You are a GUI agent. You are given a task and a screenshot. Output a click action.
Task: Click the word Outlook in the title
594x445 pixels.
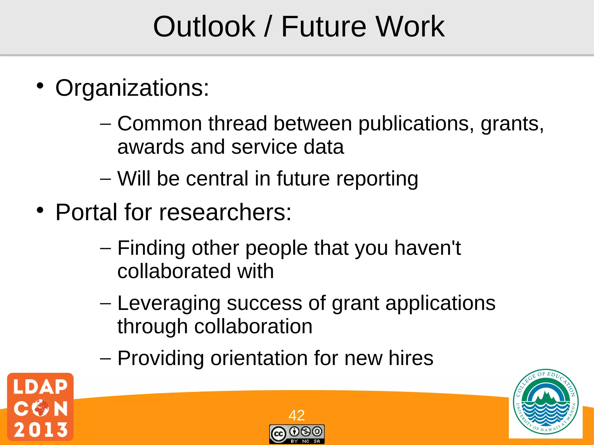pyautogui.click(x=204, y=27)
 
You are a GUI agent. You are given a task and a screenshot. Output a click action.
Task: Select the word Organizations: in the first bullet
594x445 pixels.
pyautogui.click(x=132, y=88)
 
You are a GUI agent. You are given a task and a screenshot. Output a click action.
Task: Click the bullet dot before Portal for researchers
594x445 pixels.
pyautogui.click(x=40, y=210)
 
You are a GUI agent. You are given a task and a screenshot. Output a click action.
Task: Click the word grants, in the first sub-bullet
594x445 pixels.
pyautogui.click(x=512, y=124)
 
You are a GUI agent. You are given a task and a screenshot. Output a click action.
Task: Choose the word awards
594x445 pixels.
pyautogui.click(x=151, y=147)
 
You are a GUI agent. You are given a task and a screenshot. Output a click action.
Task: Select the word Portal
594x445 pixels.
pyautogui.click(x=86, y=212)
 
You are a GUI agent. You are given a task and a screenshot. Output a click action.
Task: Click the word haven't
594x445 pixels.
pyautogui.click(x=427, y=248)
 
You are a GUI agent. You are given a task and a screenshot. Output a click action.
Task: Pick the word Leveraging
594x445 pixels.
pyautogui.click(x=169, y=304)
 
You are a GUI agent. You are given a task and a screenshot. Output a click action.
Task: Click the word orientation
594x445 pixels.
pyautogui.click(x=259, y=358)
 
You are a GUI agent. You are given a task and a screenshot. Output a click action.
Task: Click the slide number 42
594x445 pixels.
pyautogui.click(x=296, y=415)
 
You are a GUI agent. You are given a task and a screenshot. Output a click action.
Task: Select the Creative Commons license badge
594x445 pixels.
pyautogui.click(x=296, y=434)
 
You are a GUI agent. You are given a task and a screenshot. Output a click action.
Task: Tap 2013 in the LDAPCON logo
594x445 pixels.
pyautogui.click(x=40, y=429)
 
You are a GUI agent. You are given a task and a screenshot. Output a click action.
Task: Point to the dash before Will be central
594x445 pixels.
pyautogui.click(x=105, y=179)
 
